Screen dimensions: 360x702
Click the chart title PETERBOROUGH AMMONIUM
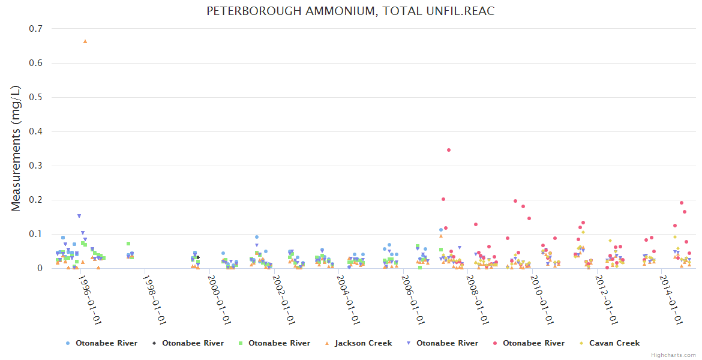350,11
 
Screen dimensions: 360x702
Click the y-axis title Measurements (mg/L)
16,148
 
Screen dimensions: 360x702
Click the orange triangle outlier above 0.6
85,41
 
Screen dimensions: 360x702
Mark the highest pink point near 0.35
449,150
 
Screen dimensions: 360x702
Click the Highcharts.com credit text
674,355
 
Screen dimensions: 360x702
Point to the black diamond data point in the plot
198,257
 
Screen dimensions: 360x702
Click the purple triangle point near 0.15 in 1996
79,216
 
